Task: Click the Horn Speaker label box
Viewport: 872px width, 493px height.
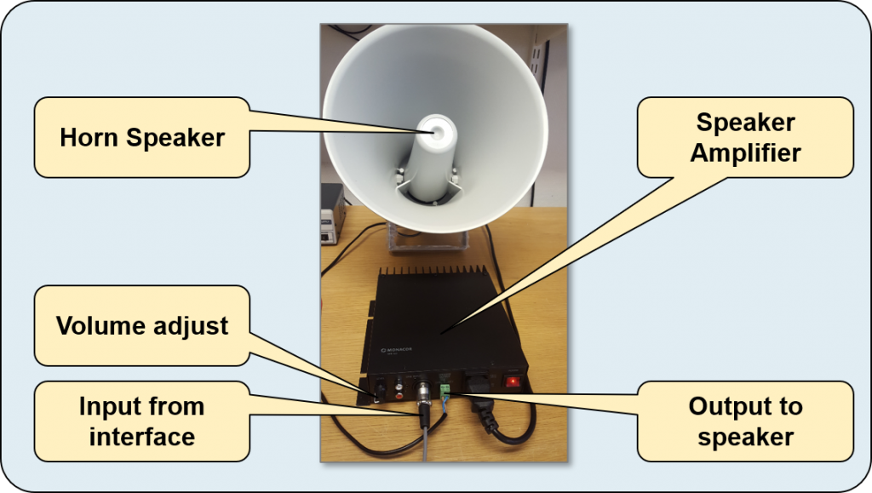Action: click(x=141, y=137)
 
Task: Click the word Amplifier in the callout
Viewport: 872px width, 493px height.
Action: click(x=745, y=154)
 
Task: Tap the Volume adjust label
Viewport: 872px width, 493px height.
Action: click(x=141, y=325)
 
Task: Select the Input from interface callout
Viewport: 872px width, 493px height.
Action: click(x=141, y=421)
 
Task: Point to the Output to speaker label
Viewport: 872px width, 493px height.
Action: click(x=745, y=421)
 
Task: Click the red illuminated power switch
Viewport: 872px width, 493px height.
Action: click(x=513, y=381)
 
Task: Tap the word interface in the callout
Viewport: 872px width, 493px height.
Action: click(x=141, y=438)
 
